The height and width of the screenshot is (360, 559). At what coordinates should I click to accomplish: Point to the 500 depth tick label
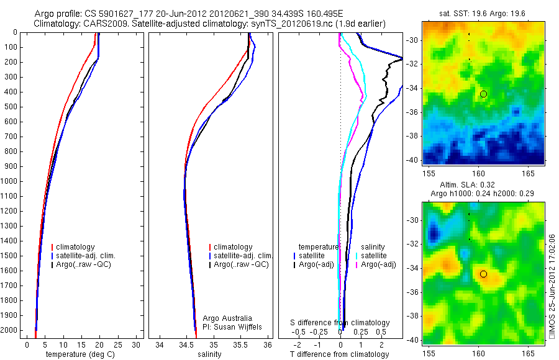coord(10,107)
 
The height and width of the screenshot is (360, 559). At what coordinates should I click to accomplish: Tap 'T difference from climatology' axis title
coord(339,354)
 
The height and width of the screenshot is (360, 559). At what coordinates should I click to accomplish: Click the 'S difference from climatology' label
coord(340,323)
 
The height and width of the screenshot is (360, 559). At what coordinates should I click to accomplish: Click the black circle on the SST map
coord(483,94)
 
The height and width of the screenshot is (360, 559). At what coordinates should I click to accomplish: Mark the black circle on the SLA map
coord(483,274)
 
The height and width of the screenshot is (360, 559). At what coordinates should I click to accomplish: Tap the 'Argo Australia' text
coord(228,318)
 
